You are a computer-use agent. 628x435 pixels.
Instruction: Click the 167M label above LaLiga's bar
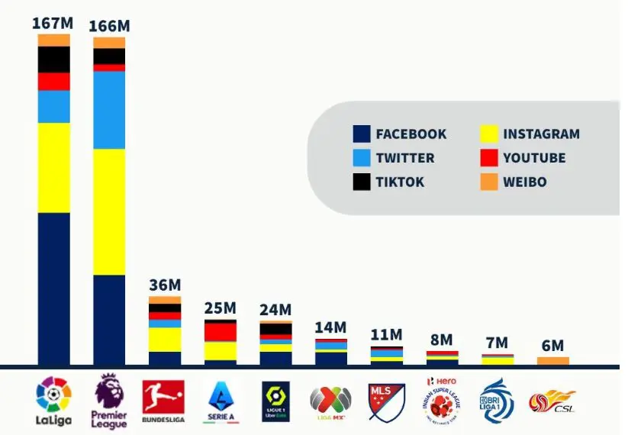click(x=52, y=23)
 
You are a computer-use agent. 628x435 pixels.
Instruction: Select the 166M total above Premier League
click(x=109, y=26)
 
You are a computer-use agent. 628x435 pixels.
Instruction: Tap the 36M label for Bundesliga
click(x=164, y=285)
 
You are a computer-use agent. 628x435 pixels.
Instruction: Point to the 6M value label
click(x=552, y=346)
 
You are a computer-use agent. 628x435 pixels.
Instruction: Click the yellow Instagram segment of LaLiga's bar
click(x=53, y=167)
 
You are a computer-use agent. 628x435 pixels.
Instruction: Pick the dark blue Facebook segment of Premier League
click(x=109, y=320)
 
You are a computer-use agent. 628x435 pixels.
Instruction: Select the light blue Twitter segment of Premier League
click(x=109, y=110)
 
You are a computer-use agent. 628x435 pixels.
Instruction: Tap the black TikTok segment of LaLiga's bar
click(x=53, y=60)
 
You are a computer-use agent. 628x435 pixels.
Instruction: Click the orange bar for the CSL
click(x=553, y=361)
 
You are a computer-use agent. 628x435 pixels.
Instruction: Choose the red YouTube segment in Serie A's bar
click(x=221, y=332)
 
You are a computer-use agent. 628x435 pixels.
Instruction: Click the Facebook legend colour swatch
click(x=362, y=134)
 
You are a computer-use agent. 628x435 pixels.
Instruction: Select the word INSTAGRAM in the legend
click(x=541, y=134)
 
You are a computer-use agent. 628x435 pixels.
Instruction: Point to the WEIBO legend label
click(x=524, y=182)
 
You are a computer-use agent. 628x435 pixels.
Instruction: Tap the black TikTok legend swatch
click(x=362, y=182)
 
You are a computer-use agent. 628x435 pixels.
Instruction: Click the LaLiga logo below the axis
click(x=54, y=401)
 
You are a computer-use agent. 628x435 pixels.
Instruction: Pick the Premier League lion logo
click(x=109, y=401)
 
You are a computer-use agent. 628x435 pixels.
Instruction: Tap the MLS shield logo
click(x=386, y=401)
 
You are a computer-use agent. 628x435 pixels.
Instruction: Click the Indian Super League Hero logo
click(x=442, y=401)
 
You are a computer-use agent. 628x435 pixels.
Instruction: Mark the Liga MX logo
click(x=330, y=401)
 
